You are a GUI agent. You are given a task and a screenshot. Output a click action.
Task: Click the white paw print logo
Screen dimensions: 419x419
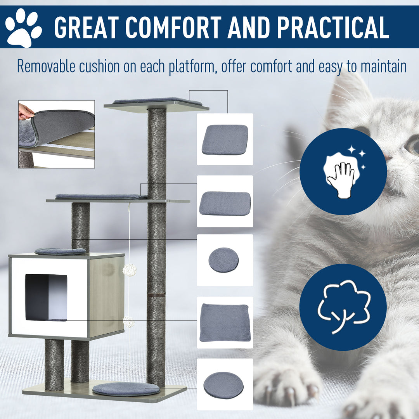tap(23, 28)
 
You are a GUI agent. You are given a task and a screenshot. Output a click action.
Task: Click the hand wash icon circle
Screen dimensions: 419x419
tap(343, 171)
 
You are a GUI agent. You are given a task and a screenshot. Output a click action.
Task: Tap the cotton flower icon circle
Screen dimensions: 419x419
tap(343, 307)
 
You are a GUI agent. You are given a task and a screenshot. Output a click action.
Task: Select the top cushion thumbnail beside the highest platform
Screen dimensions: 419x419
tap(225, 139)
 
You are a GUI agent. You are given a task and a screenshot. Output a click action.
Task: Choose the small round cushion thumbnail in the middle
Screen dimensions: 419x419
tap(224, 260)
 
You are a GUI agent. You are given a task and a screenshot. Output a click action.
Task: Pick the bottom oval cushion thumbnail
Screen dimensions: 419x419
tap(224, 385)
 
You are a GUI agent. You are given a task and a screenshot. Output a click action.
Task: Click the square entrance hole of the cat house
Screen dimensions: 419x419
tap(46, 297)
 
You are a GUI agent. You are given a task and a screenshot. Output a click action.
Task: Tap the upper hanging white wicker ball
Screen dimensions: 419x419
tap(130, 270)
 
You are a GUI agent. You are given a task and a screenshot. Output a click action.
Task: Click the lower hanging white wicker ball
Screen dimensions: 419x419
tap(128, 322)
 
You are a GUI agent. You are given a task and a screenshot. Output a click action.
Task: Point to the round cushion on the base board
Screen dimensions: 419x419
tap(126, 389)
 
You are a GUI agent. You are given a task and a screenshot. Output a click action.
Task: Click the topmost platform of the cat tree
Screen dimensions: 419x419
tap(157, 105)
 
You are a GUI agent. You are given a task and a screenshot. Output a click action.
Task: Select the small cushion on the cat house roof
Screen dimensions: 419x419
tap(61, 251)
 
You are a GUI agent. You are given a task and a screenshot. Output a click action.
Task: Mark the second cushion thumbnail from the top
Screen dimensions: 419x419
tap(225, 203)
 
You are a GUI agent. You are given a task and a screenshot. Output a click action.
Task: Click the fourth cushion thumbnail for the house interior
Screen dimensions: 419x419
tap(225, 322)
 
